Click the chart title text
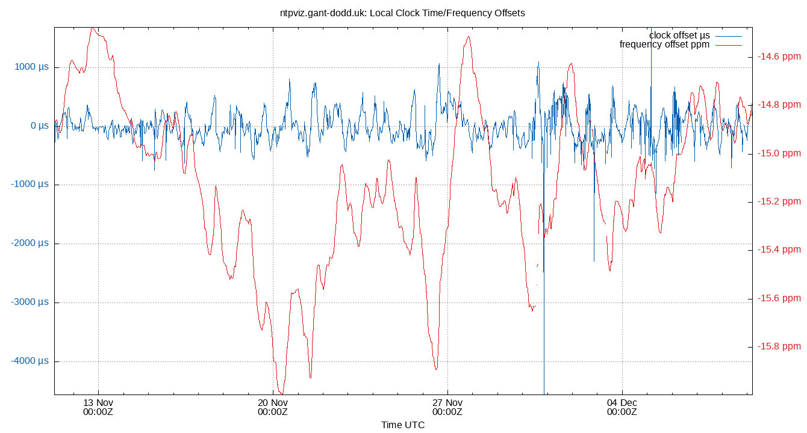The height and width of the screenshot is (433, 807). coord(403,13)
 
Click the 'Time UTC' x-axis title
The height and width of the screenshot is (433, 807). coord(403,425)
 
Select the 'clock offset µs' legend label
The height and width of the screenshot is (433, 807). coord(679,35)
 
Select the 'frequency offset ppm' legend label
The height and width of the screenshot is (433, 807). coord(664,45)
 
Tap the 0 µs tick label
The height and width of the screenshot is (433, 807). coord(40,126)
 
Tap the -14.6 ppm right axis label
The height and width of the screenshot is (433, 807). coord(779,57)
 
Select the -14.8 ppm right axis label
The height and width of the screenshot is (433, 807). coord(779,105)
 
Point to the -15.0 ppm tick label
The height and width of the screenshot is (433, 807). coord(779,153)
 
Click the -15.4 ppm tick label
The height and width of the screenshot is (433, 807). coord(779,250)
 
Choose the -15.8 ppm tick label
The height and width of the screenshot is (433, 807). coord(779,346)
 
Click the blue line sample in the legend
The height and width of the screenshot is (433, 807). coord(728,35)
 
